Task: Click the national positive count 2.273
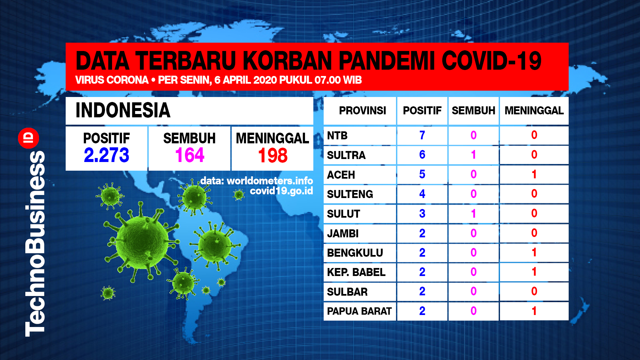coord(106,155)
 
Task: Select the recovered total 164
coord(190,155)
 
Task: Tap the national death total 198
coord(273,156)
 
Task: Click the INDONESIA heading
coord(123,110)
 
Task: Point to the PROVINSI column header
coord(362,110)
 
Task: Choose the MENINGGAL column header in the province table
coord(534,110)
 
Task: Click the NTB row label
coord(337,136)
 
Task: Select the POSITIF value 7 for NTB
coord(422,135)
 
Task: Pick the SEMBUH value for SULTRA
coord(473,155)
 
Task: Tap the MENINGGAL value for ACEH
coord(534,174)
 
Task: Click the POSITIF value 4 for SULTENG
coord(422,194)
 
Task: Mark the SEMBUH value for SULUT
coord(473,213)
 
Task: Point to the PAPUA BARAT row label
coord(359,311)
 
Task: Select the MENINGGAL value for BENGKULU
coord(534,252)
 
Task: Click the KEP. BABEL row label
coord(356,272)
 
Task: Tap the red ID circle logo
coord(29,138)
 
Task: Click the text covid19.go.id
coord(281,191)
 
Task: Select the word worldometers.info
coord(270,181)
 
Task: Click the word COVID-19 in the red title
coord(492,61)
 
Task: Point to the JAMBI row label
coord(343,233)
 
